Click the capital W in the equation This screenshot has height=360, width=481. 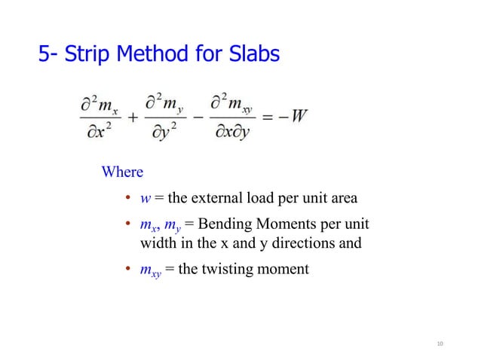click(298, 117)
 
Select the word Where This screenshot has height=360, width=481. click(122, 172)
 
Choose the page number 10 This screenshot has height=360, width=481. click(440, 345)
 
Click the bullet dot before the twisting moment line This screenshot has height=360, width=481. click(129, 269)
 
